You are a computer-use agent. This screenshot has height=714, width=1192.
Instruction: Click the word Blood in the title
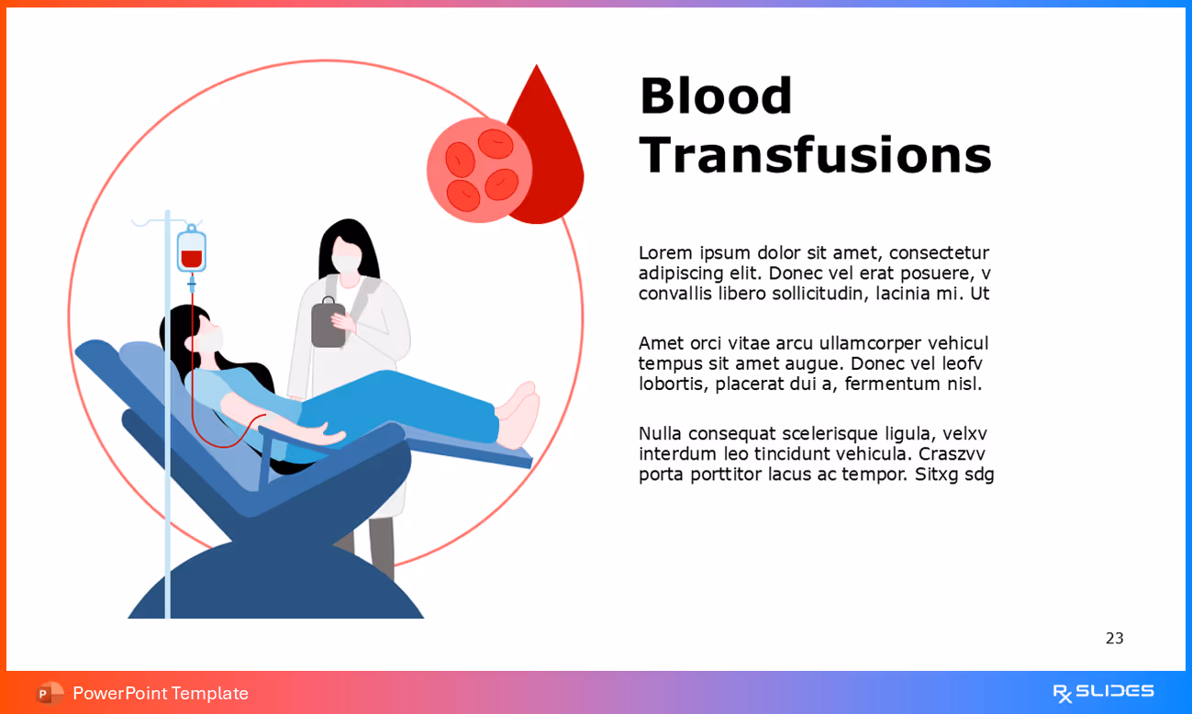(x=716, y=96)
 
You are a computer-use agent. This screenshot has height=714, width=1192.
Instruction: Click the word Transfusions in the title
(x=815, y=155)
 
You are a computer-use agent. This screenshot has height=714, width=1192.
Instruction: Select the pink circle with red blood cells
(x=479, y=170)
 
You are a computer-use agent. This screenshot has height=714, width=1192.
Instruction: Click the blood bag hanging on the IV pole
(x=191, y=251)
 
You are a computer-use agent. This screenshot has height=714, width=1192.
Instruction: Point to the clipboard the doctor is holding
(x=328, y=324)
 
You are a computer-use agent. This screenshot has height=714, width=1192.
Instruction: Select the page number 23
(x=1114, y=639)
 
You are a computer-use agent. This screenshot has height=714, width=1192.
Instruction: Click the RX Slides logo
(x=1103, y=693)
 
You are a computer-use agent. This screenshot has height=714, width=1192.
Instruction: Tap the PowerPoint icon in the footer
(x=50, y=694)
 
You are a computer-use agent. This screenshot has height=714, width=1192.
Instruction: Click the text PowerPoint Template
(x=161, y=694)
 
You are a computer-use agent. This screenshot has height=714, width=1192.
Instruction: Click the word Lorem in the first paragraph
(x=665, y=253)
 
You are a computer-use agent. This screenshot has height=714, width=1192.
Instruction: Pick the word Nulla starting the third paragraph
(x=660, y=433)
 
